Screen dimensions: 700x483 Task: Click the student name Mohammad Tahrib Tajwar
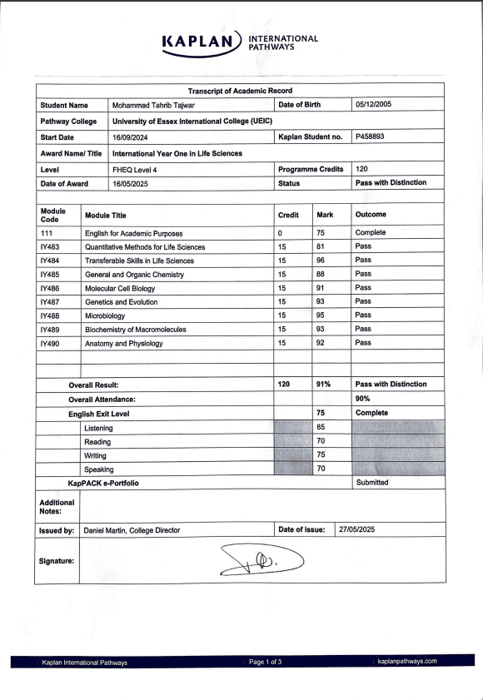point(154,105)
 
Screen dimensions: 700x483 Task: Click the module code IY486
point(52,287)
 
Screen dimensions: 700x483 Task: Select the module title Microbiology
point(107,315)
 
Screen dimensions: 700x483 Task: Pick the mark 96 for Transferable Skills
point(321,260)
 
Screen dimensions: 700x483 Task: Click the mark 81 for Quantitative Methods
point(321,246)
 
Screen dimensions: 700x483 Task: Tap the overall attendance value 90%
point(363,399)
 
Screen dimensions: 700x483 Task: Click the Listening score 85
point(321,427)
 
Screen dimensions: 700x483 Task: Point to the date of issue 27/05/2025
point(361,529)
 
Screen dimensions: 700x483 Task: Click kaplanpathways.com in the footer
point(406,662)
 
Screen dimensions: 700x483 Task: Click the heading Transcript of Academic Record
point(240,90)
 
